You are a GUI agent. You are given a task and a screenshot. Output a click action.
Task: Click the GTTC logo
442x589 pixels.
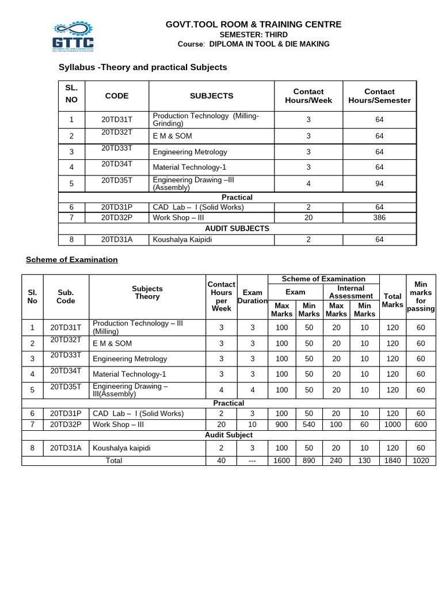[x=73, y=36]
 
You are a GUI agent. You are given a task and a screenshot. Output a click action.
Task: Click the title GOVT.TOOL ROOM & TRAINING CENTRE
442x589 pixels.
[x=253, y=24]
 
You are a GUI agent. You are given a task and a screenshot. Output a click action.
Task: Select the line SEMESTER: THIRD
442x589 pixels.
[x=253, y=35]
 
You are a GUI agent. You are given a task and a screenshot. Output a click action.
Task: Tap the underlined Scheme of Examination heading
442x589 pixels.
[x=71, y=259]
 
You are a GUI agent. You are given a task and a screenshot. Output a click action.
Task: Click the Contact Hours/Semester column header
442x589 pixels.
[x=379, y=95]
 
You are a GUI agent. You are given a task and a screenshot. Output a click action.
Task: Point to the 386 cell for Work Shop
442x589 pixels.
[x=379, y=217]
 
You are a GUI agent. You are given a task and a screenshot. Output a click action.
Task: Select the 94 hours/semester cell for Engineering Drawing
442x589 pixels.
[x=379, y=183]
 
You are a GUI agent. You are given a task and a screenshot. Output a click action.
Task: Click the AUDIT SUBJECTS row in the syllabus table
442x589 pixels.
[x=237, y=228]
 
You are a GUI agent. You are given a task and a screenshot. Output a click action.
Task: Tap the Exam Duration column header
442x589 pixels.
[x=252, y=296]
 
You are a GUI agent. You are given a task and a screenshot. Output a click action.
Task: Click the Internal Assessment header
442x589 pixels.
[x=350, y=292]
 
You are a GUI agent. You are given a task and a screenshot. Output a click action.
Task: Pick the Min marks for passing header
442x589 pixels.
[x=421, y=296]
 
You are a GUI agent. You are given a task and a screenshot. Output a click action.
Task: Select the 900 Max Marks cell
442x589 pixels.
[x=281, y=424]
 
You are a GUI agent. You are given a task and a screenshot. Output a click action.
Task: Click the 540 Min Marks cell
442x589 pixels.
[x=309, y=424]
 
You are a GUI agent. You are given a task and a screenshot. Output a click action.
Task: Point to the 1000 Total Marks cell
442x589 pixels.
[x=392, y=424]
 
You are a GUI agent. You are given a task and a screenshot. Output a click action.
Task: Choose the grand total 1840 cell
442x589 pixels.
[x=392, y=461]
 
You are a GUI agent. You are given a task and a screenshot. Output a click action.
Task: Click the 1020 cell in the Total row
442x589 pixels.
[x=421, y=461]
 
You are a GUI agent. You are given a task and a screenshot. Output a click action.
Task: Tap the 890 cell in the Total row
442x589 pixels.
[x=309, y=461]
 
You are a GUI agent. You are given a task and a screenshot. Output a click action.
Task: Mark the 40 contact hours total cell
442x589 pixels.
[x=221, y=461]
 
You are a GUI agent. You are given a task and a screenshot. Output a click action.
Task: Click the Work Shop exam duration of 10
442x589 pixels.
[x=252, y=424]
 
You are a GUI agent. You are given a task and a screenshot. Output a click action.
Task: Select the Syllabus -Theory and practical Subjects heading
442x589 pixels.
[x=143, y=67]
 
